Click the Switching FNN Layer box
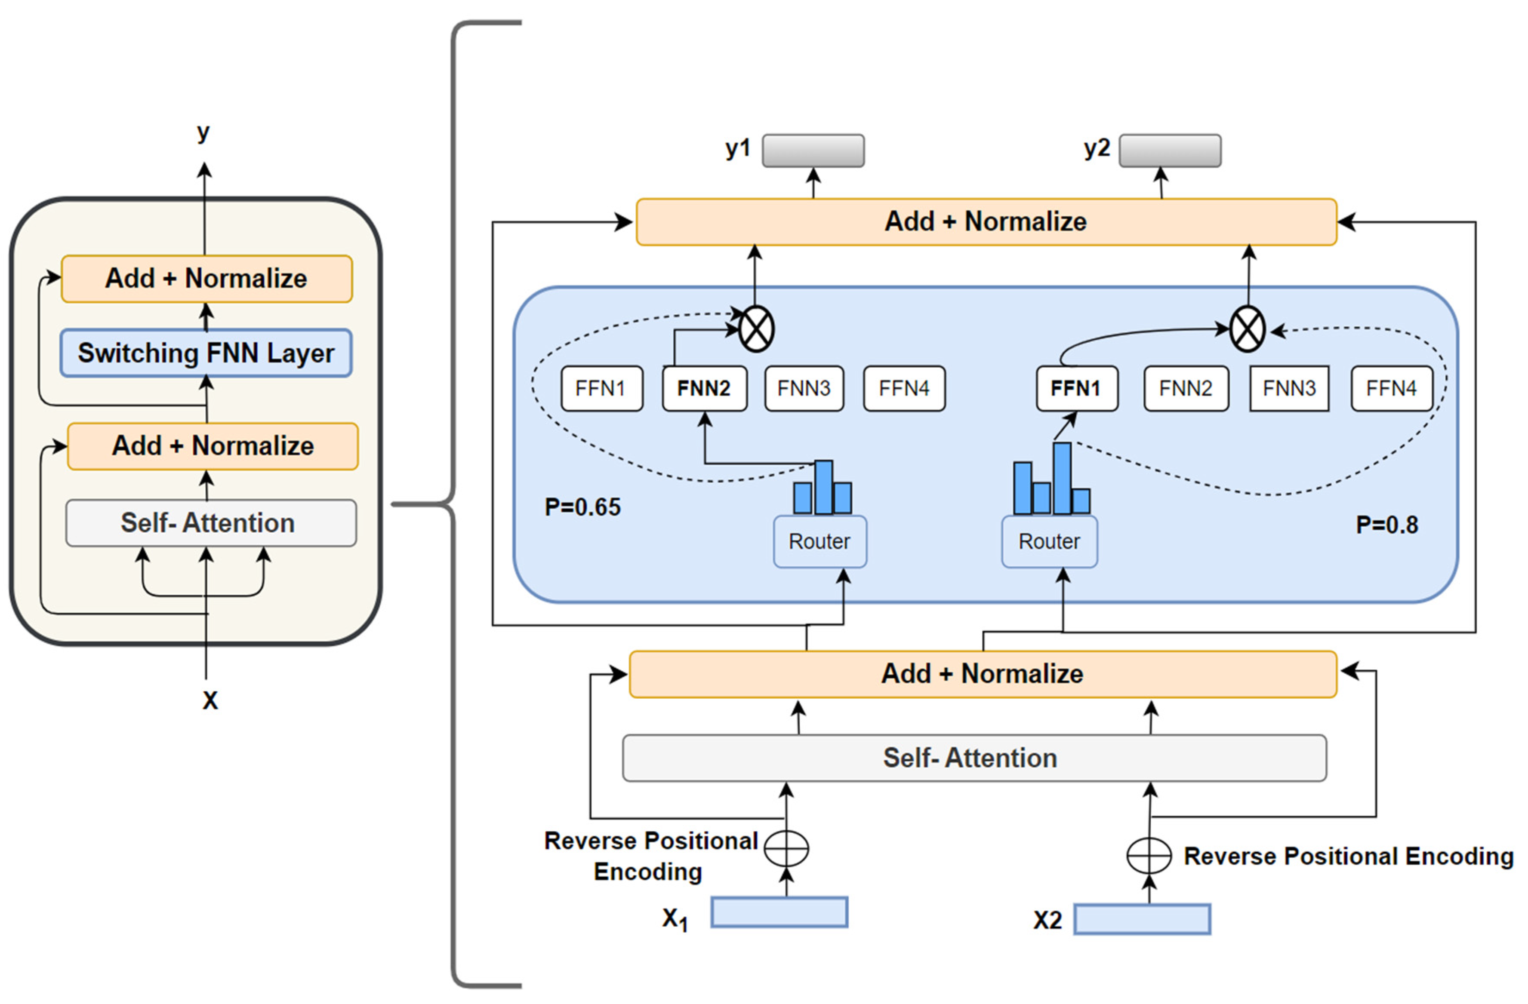tap(206, 353)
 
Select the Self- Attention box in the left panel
tap(211, 523)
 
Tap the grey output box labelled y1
tap(813, 151)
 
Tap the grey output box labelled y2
tap(1170, 151)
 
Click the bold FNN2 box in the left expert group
tap(704, 389)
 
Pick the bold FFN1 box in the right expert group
tap(1077, 389)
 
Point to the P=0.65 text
tap(582, 507)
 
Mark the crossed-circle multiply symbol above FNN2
tap(756, 329)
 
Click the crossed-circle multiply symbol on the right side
tap(1247, 329)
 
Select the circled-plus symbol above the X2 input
tap(1149, 856)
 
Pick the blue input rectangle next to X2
tap(1142, 919)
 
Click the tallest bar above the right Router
tap(1062, 478)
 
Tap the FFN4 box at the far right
tap(1391, 389)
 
